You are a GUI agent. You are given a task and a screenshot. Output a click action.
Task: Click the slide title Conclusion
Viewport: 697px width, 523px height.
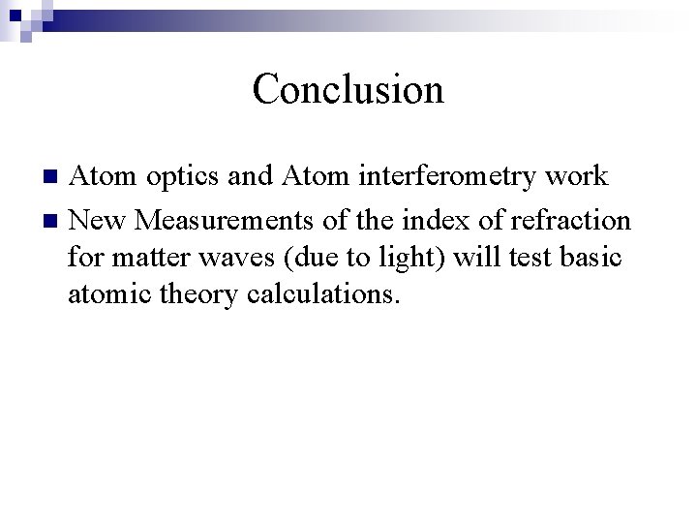[x=348, y=89]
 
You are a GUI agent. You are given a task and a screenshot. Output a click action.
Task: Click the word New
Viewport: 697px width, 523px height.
[x=99, y=221]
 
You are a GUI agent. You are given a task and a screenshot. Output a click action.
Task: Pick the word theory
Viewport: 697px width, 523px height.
[x=197, y=294]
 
